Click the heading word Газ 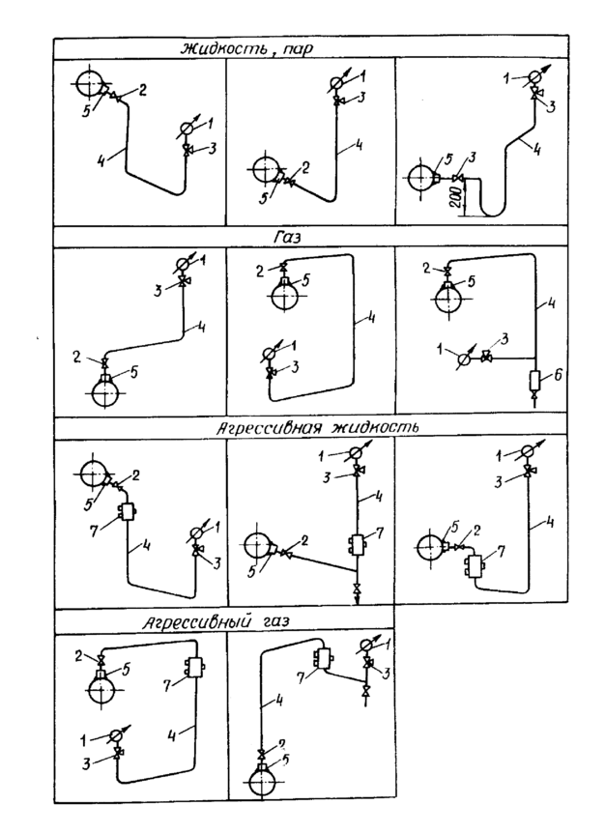coord(287,238)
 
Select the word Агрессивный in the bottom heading coord(196,621)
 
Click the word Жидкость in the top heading coord(224,47)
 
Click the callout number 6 coord(558,375)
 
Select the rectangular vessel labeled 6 coord(534,380)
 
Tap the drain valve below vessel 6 coord(534,395)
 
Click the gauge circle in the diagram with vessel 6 coord(463,359)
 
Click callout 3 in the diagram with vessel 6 coord(504,338)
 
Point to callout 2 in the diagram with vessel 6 coord(426,269)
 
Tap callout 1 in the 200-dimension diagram coord(508,78)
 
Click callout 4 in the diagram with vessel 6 coord(553,304)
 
